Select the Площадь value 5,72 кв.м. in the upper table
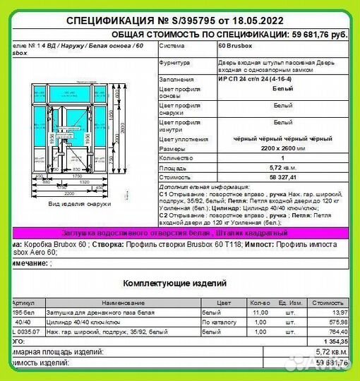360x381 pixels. [282, 170]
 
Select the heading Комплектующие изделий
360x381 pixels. [174, 283]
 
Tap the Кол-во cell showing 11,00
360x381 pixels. [260, 311]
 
